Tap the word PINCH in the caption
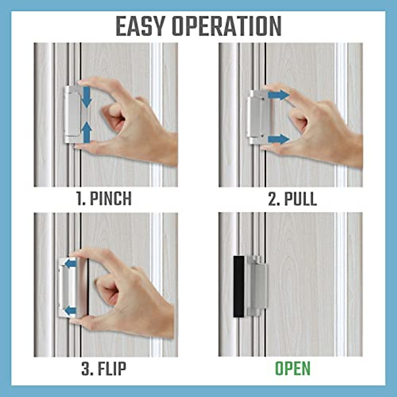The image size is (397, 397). pos(110,198)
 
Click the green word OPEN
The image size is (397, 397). pos(293,369)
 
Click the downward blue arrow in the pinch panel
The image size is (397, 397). pos(86,97)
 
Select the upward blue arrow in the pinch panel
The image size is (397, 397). pos(86,132)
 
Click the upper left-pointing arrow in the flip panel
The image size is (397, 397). pos(70,264)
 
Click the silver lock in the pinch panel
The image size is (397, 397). pos(72,114)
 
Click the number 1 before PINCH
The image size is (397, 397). pos(80,198)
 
